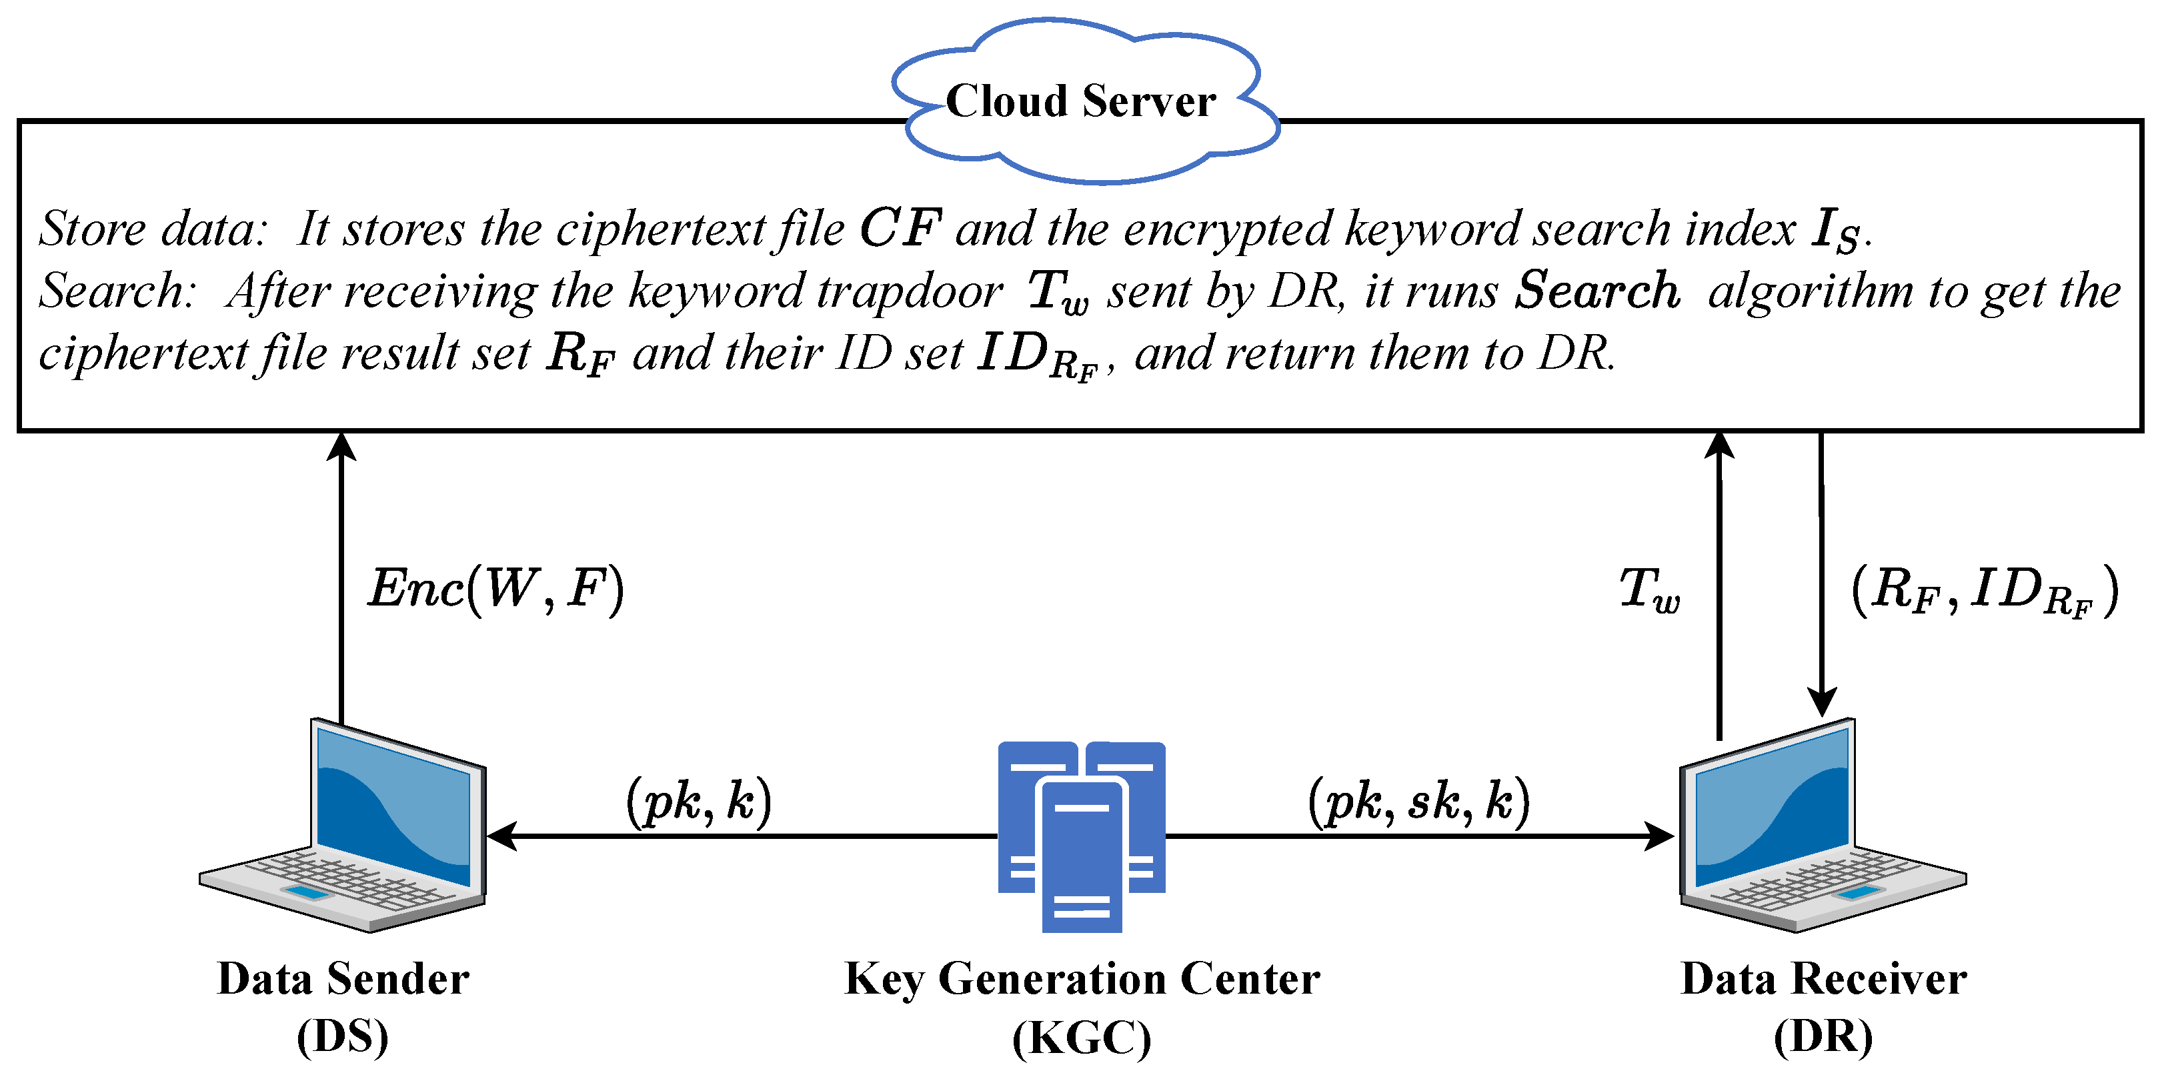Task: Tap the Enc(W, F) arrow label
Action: (x=495, y=589)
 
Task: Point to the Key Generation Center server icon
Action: (x=1081, y=837)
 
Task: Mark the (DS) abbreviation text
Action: (x=343, y=1036)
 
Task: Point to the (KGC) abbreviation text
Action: (x=1081, y=1038)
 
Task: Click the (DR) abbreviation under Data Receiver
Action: (x=1823, y=1036)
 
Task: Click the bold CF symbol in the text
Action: (x=900, y=229)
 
